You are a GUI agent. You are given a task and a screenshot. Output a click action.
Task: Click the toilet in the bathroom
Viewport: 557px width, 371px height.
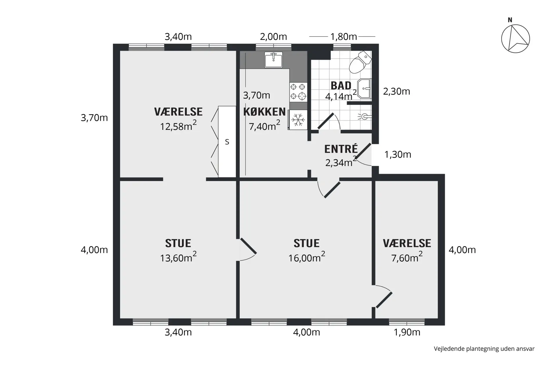point(360,62)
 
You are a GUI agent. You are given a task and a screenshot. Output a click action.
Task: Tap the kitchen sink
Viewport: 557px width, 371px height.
point(273,60)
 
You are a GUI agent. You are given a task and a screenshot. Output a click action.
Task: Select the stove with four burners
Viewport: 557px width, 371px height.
point(298,92)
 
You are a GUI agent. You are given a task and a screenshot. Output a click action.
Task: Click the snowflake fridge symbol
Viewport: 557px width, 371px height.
point(298,120)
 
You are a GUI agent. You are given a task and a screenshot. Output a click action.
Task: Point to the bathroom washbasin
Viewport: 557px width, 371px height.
point(364,88)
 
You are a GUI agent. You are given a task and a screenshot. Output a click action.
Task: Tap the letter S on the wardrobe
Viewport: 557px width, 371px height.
point(227,142)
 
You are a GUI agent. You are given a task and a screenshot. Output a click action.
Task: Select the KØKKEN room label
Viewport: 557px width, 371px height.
point(264,112)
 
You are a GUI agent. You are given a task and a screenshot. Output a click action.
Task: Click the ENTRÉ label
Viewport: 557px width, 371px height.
point(341,149)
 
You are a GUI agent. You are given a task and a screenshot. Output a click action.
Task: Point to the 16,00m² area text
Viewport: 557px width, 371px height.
point(306,257)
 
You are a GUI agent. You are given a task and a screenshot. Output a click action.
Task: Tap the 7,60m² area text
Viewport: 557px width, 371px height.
point(407,257)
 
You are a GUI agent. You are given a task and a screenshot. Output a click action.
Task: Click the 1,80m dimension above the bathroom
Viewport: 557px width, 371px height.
point(343,37)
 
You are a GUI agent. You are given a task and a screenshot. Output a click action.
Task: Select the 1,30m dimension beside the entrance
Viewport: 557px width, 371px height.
point(398,154)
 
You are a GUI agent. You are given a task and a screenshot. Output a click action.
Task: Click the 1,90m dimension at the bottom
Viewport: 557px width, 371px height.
point(407,332)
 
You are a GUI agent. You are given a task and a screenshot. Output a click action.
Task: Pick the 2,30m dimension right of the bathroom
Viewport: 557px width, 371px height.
point(397,92)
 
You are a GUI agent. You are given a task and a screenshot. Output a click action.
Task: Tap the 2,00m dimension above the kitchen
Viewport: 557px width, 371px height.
point(273,37)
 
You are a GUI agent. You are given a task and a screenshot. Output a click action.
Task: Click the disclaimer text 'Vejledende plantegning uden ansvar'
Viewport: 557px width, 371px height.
point(484,349)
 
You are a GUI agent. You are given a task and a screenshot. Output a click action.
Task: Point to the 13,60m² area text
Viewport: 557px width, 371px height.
point(178,257)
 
